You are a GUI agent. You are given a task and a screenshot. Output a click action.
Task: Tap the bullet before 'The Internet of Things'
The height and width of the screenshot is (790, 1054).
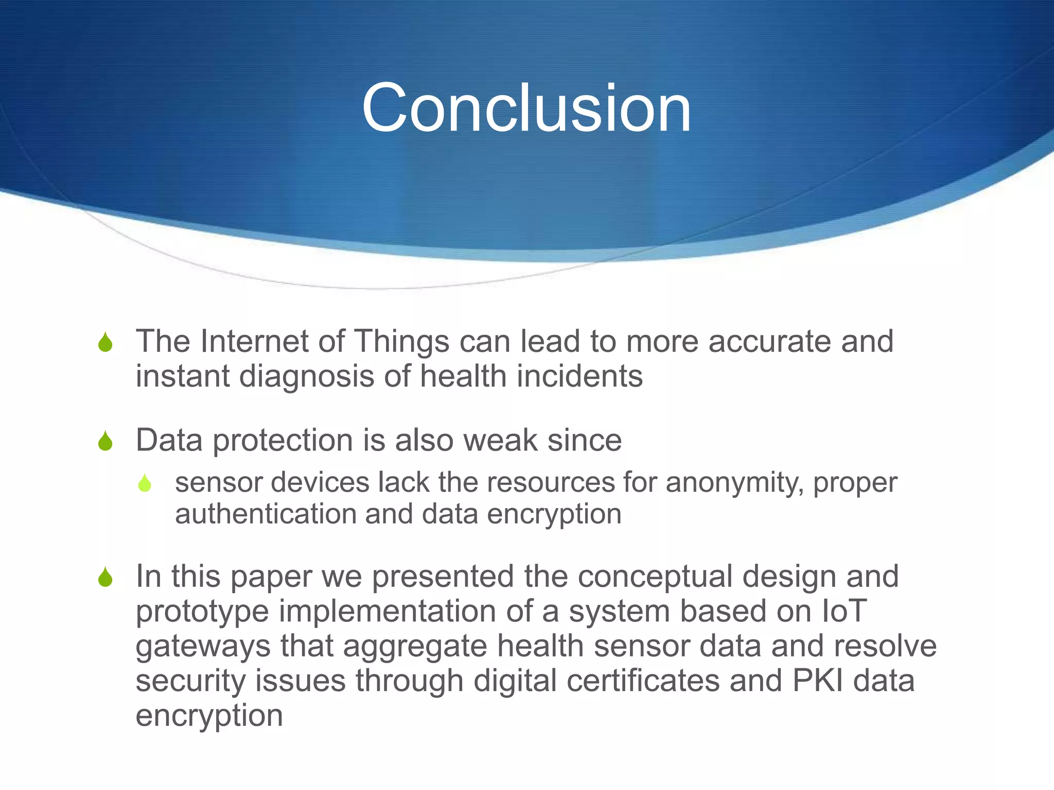coord(106,343)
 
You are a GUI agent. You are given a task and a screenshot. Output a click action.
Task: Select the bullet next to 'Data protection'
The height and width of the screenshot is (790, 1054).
coord(106,441)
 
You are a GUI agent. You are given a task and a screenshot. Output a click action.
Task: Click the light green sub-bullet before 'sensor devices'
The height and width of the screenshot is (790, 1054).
coord(145,483)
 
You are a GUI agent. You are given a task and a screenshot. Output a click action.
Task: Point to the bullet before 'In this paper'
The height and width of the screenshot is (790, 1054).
coord(106,577)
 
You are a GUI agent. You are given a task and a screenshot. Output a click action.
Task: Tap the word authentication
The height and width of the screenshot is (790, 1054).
coord(265,514)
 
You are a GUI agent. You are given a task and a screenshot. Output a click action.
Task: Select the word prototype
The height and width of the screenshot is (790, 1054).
coord(202,613)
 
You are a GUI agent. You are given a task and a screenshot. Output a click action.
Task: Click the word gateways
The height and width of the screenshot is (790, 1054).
coord(203,647)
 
